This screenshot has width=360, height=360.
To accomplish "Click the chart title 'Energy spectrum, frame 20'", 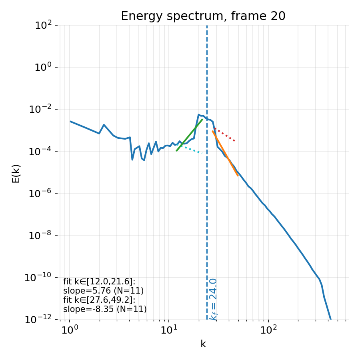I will tap(203, 16).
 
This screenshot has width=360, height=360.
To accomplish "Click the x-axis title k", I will tap(203, 344).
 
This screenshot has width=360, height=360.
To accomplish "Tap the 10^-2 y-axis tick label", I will tap(42, 109).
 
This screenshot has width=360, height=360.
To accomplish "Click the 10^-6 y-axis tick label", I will tap(42, 193).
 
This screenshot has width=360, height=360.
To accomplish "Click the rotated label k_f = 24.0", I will tap(214, 299).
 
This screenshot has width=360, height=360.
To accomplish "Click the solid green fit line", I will tap(190, 135).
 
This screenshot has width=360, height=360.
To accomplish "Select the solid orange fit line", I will tap(226, 154).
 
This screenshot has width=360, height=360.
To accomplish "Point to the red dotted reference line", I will tap(225, 135).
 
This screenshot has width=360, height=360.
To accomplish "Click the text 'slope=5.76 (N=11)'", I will tap(103, 291).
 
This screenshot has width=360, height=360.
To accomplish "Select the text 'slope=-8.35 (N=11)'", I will tap(105, 309).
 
